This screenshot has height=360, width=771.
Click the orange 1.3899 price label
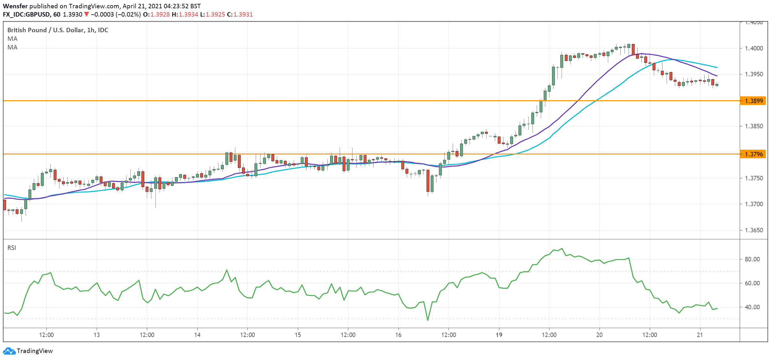click(x=753, y=101)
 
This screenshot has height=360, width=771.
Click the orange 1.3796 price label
click(x=753, y=154)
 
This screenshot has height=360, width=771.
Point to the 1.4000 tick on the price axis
click(x=753, y=48)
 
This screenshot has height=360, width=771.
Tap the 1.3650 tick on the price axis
click(x=753, y=230)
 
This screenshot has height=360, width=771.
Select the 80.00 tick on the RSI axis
click(x=752, y=259)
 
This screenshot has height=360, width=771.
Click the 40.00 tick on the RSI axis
click(x=752, y=307)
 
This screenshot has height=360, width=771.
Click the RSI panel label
click(x=12, y=248)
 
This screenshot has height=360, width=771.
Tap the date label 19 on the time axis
click(x=499, y=335)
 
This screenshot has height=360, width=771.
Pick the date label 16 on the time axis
click(x=398, y=335)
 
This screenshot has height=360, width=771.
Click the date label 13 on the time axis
click(x=96, y=335)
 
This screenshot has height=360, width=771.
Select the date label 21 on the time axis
click(x=700, y=335)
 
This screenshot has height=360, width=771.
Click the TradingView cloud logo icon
click(x=9, y=351)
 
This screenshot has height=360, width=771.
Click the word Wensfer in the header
click(x=15, y=6)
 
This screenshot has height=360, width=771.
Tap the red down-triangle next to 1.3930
click(x=86, y=14)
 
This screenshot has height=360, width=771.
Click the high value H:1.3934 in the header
click(x=185, y=14)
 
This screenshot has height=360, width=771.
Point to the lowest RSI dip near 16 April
click(x=427, y=320)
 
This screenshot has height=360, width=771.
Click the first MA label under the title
click(x=12, y=39)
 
